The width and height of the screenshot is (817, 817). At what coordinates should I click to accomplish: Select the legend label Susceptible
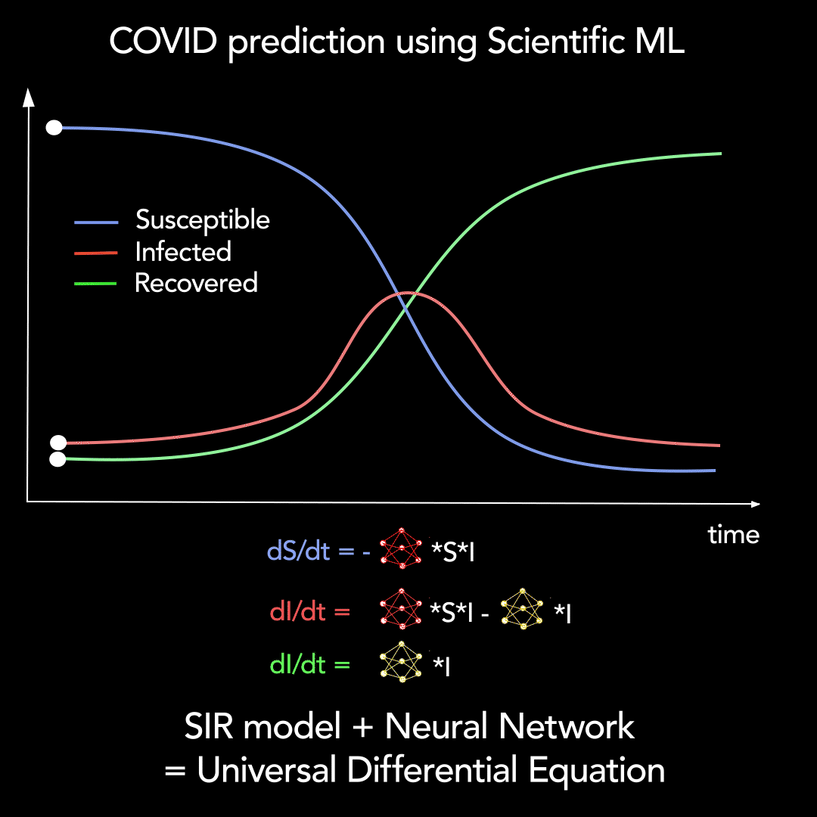click(202, 220)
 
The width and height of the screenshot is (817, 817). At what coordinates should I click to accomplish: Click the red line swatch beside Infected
click(95, 253)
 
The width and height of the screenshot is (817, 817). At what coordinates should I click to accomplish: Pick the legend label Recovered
click(196, 283)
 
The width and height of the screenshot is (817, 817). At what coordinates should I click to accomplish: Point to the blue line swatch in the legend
click(95, 222)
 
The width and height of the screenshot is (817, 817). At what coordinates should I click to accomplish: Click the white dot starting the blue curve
click(54, 128)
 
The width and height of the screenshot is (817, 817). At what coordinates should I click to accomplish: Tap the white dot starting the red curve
click(57, 443)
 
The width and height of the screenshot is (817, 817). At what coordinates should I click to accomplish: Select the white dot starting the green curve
click(57, 459)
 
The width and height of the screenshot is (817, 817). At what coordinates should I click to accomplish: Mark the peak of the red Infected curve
click(409, 293)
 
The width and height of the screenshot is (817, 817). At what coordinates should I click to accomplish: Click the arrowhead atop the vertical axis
click(28, 97)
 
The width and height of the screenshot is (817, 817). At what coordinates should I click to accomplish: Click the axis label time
click(733, 535)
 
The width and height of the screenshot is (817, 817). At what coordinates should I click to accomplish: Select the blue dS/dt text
click(299, 551)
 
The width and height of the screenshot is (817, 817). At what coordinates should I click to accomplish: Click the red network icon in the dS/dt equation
click(401, 548)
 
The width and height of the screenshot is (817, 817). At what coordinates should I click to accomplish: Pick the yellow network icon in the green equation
click(402, 662)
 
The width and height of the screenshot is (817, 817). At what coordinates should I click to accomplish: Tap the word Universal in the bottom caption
click(266, 771)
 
